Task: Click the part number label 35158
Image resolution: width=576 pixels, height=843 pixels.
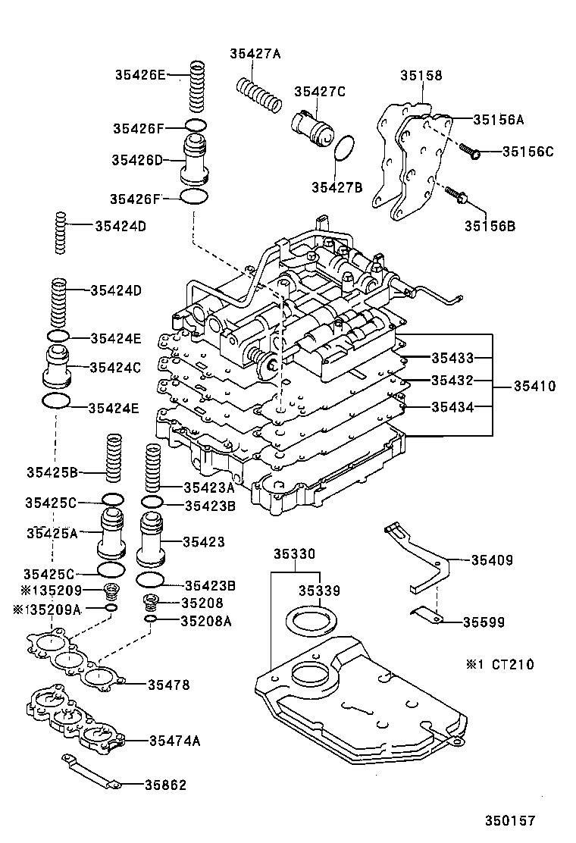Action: [x=421, y=75]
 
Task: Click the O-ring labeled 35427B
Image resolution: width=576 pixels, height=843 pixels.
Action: [x=346, y=149]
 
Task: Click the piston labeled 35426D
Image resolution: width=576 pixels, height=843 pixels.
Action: [x=196, y=160]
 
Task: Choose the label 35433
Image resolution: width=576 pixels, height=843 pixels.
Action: [x=452, y=357]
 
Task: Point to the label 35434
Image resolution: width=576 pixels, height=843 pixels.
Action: [x=452, y=407]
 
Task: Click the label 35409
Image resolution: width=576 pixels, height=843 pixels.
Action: [x=492, y=561]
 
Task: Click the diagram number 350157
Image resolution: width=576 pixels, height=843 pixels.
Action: [x=511, y=820]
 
